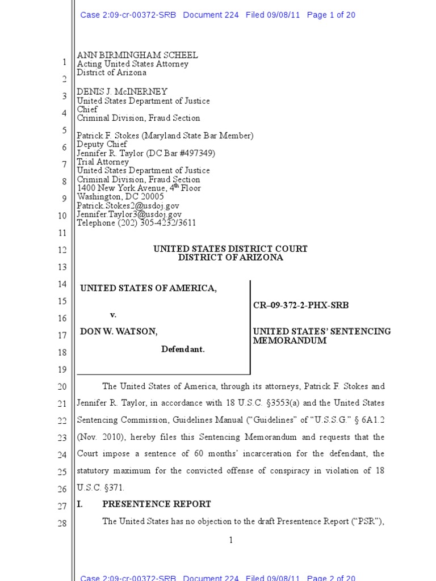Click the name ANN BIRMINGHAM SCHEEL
tap(137, 55)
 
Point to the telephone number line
tap(136, 223)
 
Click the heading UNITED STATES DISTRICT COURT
tap(230, 249)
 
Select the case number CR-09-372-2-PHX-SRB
tap(301, 305)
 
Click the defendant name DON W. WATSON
tap(119, 332)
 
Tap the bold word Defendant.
tap(183, 350)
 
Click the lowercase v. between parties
tap(113, 314)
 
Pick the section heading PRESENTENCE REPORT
tap(156, 504)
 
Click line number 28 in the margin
tap(62, 523)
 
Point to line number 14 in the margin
tap(62, 284)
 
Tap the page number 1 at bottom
tap(230, 540)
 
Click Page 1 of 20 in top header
tap(331, 15)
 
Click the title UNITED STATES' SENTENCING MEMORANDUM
tap(321, 336)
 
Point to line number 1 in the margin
tap(64, 62)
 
